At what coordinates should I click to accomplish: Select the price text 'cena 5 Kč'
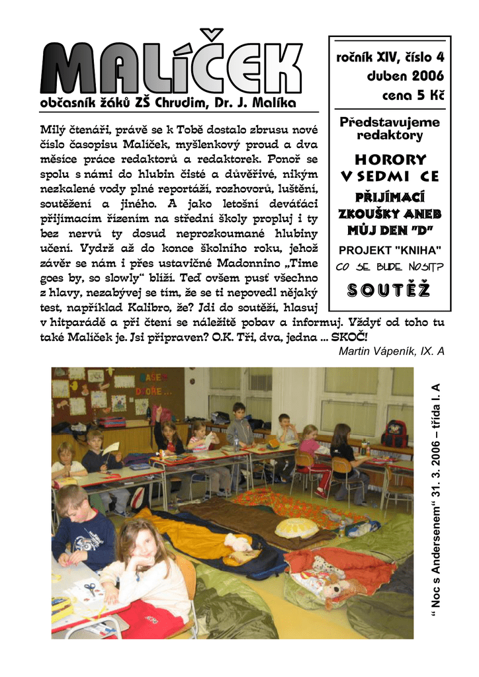[413, 95]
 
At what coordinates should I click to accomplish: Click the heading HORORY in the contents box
[390, 160]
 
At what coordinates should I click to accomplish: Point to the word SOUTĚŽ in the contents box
[390, 290]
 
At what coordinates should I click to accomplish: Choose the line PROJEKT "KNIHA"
[390, 250]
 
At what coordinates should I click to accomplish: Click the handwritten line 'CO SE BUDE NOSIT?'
[390, 267]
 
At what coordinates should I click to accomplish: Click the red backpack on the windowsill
[394, 433]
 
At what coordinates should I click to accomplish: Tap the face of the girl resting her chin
[145, 545]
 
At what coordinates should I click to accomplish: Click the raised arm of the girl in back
[158, 415]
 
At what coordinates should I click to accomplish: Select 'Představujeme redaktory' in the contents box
[390, 129]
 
